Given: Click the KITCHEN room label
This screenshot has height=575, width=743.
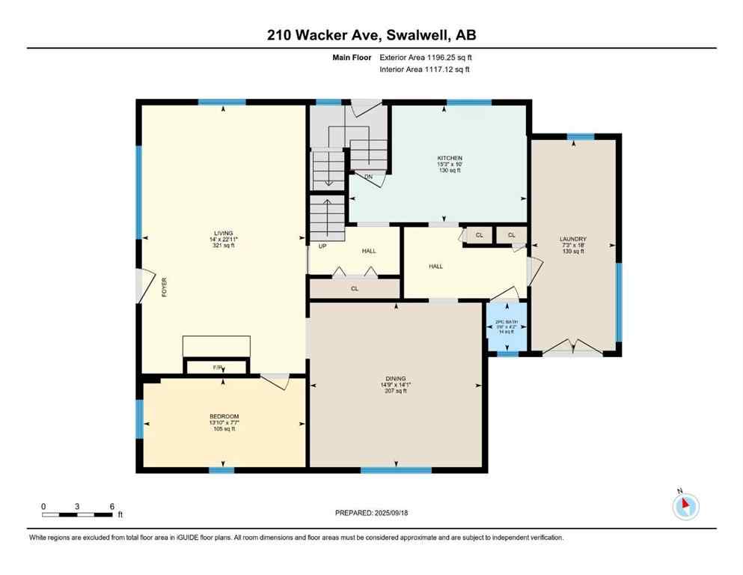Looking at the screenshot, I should tap(444, 158).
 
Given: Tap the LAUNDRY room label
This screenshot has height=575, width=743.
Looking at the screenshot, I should tap(572, 240).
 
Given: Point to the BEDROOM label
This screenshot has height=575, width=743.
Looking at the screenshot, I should tap(224, 416).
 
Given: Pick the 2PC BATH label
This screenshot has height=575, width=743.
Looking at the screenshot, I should tap(507, 322).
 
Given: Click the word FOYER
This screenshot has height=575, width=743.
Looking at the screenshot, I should tap(163, 287).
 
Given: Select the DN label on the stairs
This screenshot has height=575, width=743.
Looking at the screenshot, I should tap(369, 177).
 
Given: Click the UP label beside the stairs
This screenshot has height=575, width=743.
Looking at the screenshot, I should tap(322, 245).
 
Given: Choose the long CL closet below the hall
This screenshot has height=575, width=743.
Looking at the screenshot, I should tap(355, 287).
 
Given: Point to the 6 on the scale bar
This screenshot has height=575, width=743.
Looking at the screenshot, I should tap(112, 506).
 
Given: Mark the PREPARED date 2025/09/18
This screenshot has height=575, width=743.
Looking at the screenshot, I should tap(372, 513).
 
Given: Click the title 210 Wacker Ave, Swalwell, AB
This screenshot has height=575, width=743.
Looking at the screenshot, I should tap(371, 34).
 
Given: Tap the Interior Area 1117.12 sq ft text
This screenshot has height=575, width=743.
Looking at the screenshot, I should tap(425, 70).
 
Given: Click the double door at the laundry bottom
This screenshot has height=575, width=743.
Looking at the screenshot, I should tap(572, 349).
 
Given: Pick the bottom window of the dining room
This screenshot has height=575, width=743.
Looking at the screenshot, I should tap(396, 470).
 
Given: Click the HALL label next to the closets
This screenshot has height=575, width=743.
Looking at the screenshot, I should tap(436, 266).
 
